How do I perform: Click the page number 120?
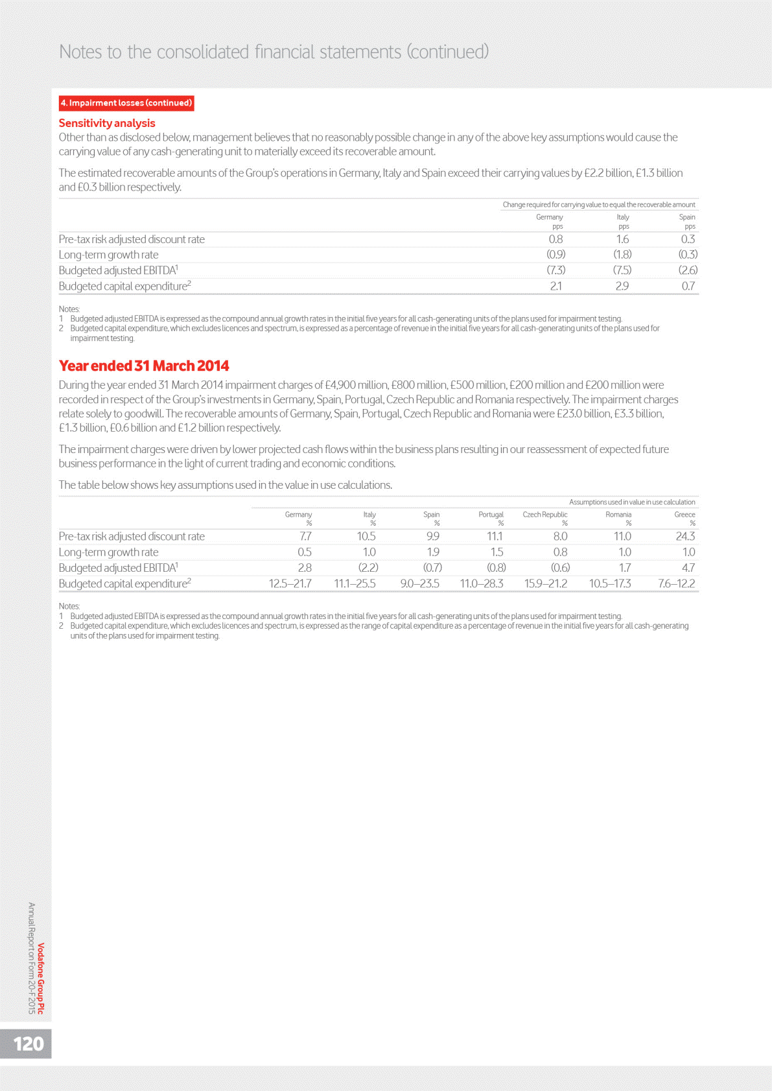(x=29, y=1043)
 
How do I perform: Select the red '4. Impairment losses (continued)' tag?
(x=126, y=103)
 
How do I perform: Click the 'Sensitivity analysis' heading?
(x=107, y=123)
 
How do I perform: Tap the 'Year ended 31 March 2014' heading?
(x=144, y=366)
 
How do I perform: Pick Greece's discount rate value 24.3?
(x=685, y=537)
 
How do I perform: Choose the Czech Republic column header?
(x=544, y=515)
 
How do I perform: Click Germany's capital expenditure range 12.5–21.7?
(x=290, y=583)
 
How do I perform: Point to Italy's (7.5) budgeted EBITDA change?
(x=622, y=270)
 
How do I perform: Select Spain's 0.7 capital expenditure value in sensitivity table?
(x=688, y=286)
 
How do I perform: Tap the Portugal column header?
(x=491, y=515)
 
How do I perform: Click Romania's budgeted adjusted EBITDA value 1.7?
(x=624, y=568)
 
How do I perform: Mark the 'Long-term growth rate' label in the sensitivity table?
(x=109, y=255)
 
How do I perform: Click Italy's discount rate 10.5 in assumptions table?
(x=366, y=537)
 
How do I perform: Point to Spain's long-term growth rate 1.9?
(x=433, y=552)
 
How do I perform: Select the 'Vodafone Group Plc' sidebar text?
(x=41, y=978)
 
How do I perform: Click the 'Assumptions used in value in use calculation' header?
(x=632, y=502)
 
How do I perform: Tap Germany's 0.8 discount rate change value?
(x=556, y=239)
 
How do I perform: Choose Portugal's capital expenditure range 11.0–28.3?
(x=482, y=583)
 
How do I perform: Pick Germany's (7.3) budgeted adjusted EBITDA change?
(x=556, y=270)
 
